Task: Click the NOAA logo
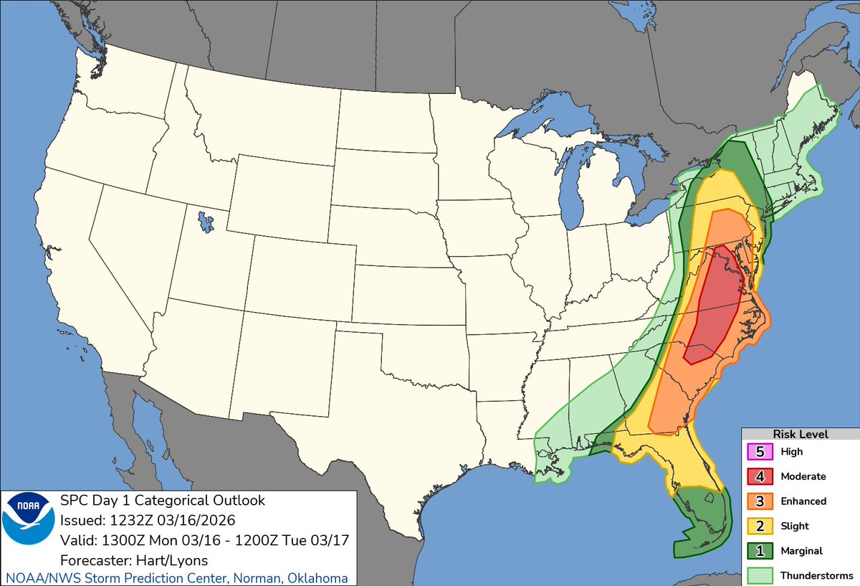tap(29, 527)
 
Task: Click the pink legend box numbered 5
tap(760, 452)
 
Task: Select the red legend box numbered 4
tap(760, 476)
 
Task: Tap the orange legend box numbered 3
tap(760, 501)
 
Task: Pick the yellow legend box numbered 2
tap(760, 526)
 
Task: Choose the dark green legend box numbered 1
tap(760, 551)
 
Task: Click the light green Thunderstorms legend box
tap(760, 575)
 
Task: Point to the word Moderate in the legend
tap(803, 476)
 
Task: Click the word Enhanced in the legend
tap(803, 501)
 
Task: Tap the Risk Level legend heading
tap(800, 435)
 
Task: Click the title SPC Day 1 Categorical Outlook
tap(163, 501)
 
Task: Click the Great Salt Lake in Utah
tap(206, 221)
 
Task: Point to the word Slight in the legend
tap(795, 526)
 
